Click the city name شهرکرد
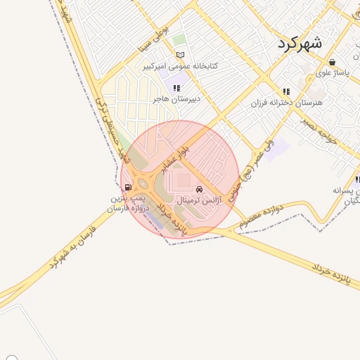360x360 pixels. click(x=300, y=42)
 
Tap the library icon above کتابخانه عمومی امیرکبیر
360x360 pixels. click(x=181, y=56)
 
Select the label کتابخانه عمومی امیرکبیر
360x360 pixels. click(x=181, y=66)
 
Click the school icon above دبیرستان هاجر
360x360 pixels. click(x=176, y=89)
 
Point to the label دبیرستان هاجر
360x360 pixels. click(x=177, y=99)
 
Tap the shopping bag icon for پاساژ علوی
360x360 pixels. click(x=332, y=63)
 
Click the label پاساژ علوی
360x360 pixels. click(x=333, y=72)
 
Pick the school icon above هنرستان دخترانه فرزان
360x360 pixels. click(x=286, y=91)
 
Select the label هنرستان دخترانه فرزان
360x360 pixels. click(x=286, y=103)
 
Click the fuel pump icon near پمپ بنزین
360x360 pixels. click(x=127, y=187)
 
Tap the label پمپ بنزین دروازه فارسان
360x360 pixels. click(x=129, y=204)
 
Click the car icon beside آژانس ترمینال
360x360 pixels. click(x=200, y=189)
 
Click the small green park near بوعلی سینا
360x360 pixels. click(x=179, y=39)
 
